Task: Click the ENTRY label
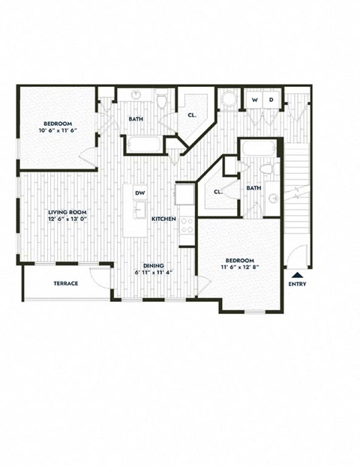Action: [297, 285]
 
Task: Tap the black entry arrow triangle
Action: [297, 275]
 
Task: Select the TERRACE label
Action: [65, 283]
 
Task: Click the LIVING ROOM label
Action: [67, 212]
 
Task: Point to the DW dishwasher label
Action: [139, 193]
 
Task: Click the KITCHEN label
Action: [163, 219]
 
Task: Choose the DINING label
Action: [154, 265]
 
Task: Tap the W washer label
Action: [254, 100]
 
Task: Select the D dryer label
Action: [271, 100]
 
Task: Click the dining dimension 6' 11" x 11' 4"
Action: [154, 273]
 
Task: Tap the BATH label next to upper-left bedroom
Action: [136, 118]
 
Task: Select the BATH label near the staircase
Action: [253, 188]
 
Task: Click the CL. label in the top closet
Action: [193, 115]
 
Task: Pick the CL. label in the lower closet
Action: [218, 191]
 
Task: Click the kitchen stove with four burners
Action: [186, 225]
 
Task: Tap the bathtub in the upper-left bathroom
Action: [143, 145]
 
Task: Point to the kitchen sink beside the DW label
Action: [184, 195]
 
